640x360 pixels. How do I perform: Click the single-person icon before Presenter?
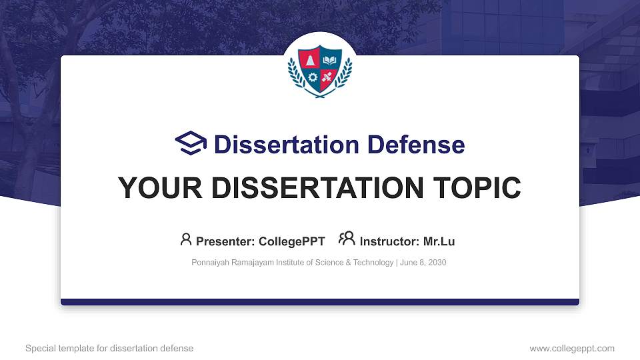[186, 239]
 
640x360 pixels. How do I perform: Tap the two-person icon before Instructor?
[347, 239]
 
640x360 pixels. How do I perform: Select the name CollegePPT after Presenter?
[291, 241]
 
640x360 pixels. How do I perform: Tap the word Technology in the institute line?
[373, 263]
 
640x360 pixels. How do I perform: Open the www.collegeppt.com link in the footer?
[571, 349]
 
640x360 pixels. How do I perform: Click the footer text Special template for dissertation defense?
[109, 349]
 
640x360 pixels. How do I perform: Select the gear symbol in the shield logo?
[312, 77]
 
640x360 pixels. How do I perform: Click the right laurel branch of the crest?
[347, 74]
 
